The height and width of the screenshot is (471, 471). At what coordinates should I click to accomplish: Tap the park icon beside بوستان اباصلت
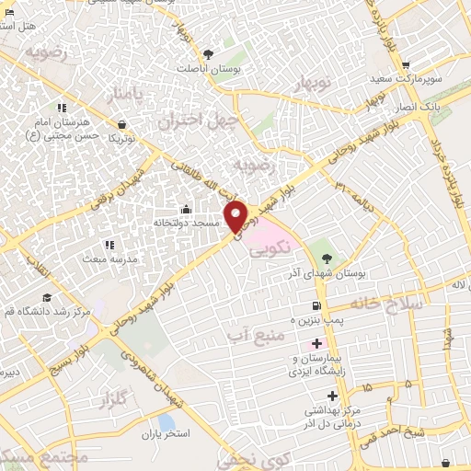[x=208, y=53]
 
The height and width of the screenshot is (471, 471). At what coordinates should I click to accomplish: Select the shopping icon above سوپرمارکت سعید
[x=406, y=65]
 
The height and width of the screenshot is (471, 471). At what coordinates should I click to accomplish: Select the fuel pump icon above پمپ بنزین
[x=316, y=305]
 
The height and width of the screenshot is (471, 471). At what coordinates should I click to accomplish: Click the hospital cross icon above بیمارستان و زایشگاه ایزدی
[x=317, y=343]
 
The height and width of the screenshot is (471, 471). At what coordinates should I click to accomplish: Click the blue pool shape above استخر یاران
[x=167, y=422]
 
